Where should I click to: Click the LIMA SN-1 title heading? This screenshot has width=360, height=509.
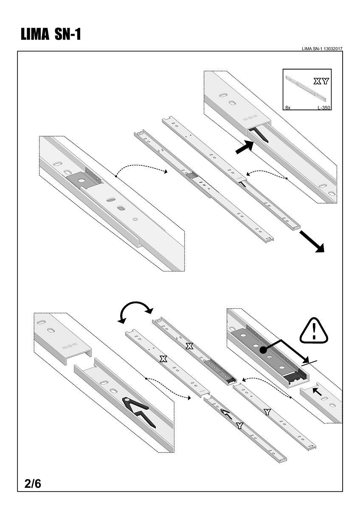[x=51, y=35]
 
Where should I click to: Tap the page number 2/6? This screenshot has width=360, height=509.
[x=33, y=483]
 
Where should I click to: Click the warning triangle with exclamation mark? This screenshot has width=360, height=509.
[x=314, y=331]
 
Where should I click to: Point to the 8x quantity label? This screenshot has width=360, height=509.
[x=288, y=108]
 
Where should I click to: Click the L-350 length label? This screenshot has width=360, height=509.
[x=323, y=108]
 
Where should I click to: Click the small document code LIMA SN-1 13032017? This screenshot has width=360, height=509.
[x=322, y=49]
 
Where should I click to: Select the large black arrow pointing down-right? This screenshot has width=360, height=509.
[x=312, y=241]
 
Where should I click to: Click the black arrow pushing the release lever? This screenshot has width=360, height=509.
[x=244, y=148]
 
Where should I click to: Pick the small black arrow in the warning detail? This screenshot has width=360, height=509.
[x=317, y=391]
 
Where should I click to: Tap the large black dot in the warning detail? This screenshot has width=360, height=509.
[x=263, y=350]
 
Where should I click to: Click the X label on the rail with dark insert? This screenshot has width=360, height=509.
[x=189, y=346]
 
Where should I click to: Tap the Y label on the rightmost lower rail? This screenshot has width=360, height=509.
[x=267, y=411]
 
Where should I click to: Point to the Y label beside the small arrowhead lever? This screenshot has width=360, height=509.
[x=239, y=425]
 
